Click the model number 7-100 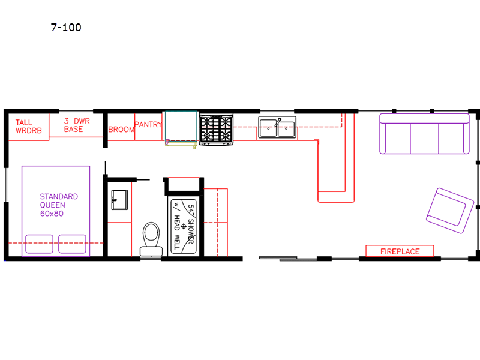pos(66,27)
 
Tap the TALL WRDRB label pos(28,127)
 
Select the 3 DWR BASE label pos(77,125)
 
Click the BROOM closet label pos(121,130)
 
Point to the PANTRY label pos(148,124)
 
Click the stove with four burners pos(216,128)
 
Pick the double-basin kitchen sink pos(277,127)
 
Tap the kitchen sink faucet pos(278,122)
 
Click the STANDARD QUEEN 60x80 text pos(59,205)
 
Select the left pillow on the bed pos(39,244)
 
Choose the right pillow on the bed pos(72,244)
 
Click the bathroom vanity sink pos(119,200)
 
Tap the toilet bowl pos(151,233)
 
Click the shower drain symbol pos(184,226)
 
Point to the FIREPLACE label pos(400,251)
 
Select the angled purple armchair pos(450,211)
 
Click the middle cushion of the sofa pos(424,138)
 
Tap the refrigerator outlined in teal pos(181,126)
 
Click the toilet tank pos(151,251)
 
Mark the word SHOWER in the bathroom pos(191,231)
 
